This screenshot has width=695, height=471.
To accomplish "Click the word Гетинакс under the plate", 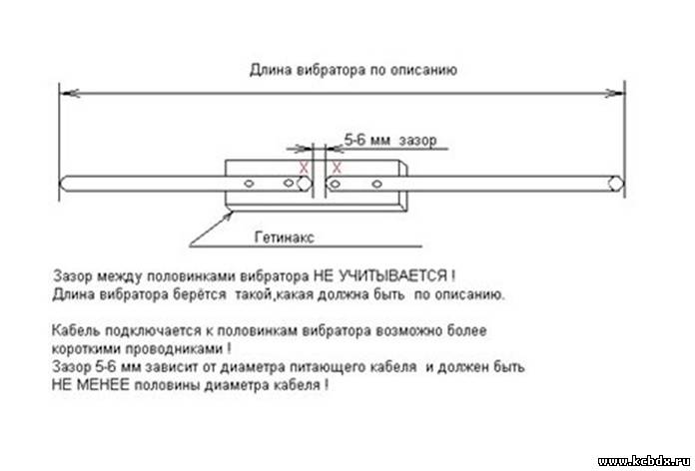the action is (285, 237).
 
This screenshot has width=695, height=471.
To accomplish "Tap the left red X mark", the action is (304, 168).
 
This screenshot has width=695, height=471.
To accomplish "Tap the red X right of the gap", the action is (337, 168).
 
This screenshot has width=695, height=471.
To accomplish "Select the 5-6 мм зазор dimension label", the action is (390, 141).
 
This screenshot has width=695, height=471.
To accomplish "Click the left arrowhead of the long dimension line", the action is (69, 93).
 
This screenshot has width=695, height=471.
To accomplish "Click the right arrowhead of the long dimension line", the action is (615, 93).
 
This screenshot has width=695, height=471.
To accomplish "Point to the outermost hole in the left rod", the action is (249, 183).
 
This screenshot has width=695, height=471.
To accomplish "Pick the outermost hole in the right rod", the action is (376, 184).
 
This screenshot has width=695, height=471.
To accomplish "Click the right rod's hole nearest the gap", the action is (336, 184).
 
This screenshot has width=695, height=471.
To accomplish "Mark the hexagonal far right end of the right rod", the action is (616, 184).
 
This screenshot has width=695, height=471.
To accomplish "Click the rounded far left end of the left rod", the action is (64, 184).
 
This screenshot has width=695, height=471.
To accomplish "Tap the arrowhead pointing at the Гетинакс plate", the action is (228, 217).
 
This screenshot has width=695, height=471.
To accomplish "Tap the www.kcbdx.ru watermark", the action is (644, 462).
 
